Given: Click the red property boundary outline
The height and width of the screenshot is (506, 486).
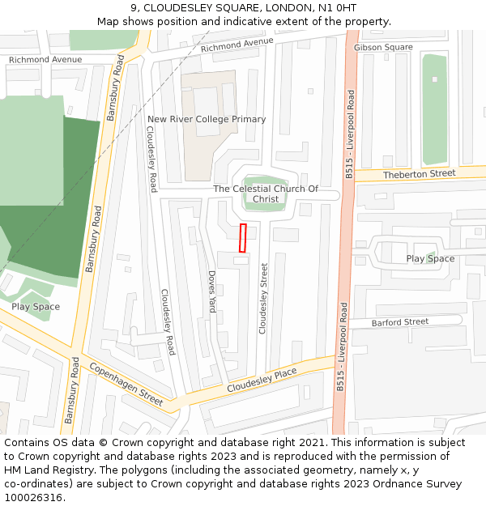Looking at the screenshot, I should pos(242,238).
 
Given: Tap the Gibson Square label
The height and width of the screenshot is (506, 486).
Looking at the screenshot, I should pos(383,48).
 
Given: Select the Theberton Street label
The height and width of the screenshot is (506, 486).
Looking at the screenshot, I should pos(419,174).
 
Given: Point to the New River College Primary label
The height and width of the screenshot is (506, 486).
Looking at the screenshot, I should pos(207,120).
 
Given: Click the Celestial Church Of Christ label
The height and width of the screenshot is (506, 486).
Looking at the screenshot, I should pos(266,194).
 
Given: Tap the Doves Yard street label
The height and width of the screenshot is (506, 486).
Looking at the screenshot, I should pos(212,292).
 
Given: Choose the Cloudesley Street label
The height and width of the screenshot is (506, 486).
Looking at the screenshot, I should pos(262,298).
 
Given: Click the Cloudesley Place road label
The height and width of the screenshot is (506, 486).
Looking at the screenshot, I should pos(262,381).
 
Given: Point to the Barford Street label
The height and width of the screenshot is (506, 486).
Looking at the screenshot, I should pos(399,322).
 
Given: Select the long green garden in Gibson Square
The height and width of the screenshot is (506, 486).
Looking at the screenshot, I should pos(435,109).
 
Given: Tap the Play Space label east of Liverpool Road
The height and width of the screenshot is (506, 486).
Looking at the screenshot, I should pos(430,259).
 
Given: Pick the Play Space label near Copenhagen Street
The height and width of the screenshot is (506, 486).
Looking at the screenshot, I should pos(36,307).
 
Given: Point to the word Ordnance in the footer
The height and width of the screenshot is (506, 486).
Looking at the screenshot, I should pos(382,483).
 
